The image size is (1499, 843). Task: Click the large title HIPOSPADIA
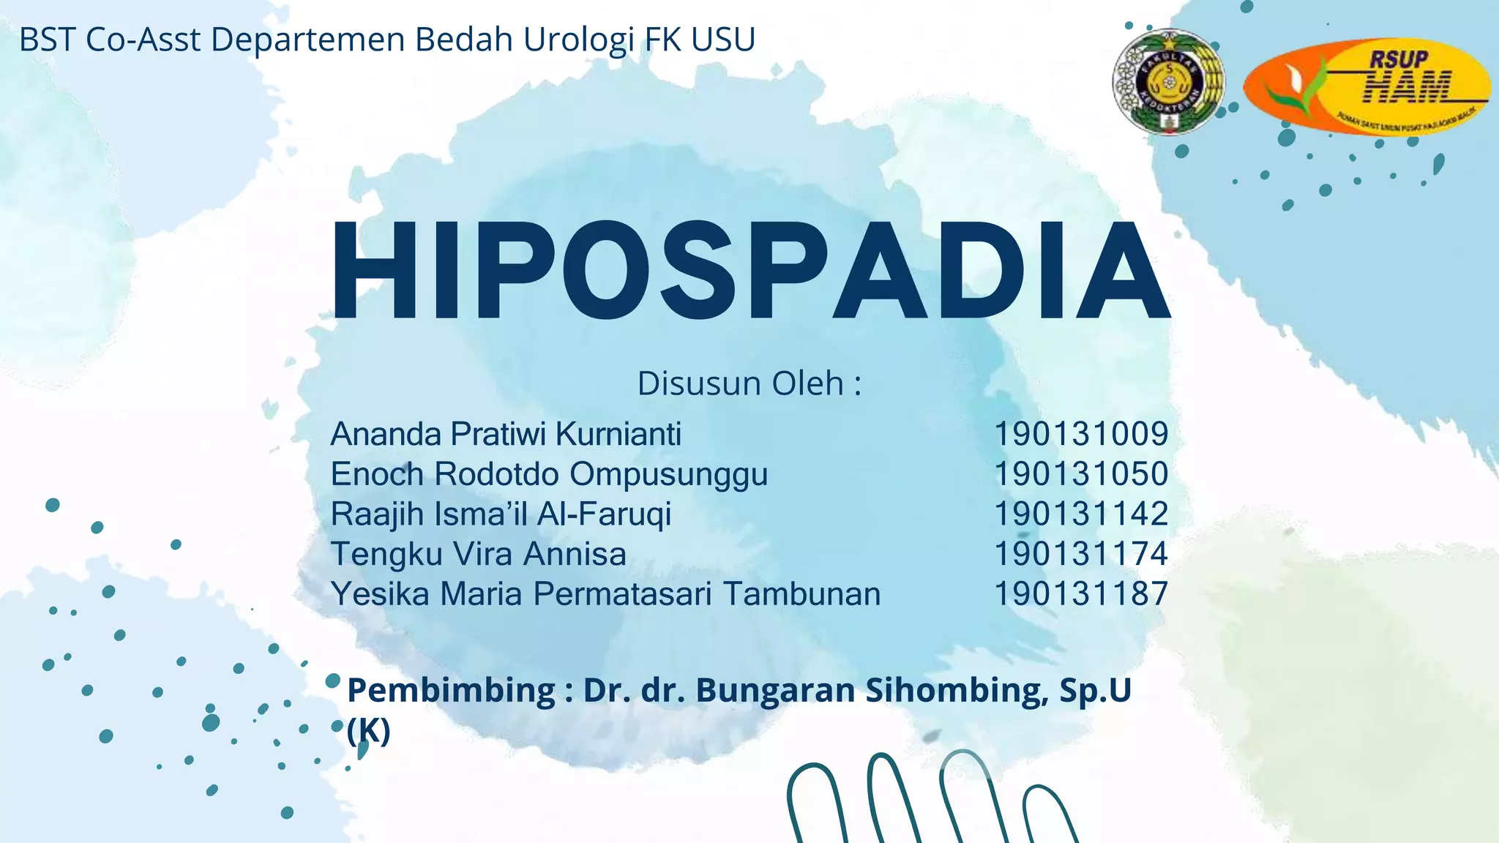pyautogui.click(x=750, y=271)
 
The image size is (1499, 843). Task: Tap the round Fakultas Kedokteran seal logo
pyautogui.click(x=1168, y=82)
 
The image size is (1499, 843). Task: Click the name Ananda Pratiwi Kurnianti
pyautogui.click(x=506, y=434)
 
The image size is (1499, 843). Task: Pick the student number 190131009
pyautogui.click(x=1080, y=434)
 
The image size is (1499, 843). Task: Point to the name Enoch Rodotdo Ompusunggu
pyautogui.click(x=549, y=474)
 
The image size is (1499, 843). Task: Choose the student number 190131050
pyautogui.click(x=1080, y=474)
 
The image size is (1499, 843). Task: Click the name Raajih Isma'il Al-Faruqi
pyautogui.click(x=501, y=514)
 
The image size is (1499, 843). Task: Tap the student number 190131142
pyautogui.click(x=1080, y=514)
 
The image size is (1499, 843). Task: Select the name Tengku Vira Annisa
pyautogui.click(x=478, y=554)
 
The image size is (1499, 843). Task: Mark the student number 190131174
pyautogui.click(x=1080, y=554)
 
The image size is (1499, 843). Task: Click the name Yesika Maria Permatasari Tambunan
pyautogui.click(x=605, y=593)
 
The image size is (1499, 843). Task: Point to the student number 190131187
pyautogui.click(x=1080, y=593)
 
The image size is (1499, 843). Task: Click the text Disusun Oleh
pyautogui.click(x=749, y=383)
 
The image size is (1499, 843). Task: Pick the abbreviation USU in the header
pyautogui.click(x=723, y=40)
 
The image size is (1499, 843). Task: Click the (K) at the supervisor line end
pyautogui.click(x=369, y=730)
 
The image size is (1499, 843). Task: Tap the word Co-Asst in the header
pyautogui.click(x=143, y=40)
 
